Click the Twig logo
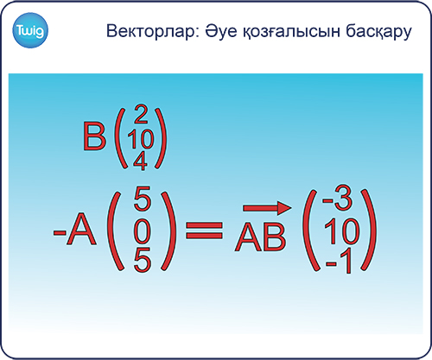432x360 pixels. pyautogui.click(x=30, y=30)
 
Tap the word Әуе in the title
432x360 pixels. pyautogui.click(x=222, y=31)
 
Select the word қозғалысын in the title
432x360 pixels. pyautogui.click(x=292, y=32)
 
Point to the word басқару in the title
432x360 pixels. pyautogui.click(x=378, y=32)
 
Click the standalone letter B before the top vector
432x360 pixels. pyautogui.click(x=94, y=136)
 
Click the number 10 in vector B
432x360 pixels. pyautogui.click(x=141, y=138)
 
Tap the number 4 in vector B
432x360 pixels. pyautogui.click(x=140, y=161)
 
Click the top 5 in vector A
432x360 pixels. pyautogui.click(x=143, y=199)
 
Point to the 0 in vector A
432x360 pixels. pyautogui.click(x=143, y=231)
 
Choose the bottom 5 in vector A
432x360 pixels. pyautogui.click(x=143, y=260)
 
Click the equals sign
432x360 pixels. pyautogui.click(x=204, y=230)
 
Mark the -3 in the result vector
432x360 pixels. pyautogui.click(x=337, y=199)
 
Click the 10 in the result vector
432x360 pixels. pyautogui.click(x=342, y=231)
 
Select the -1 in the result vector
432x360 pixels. pyautogui.click(x=339, y=261)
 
